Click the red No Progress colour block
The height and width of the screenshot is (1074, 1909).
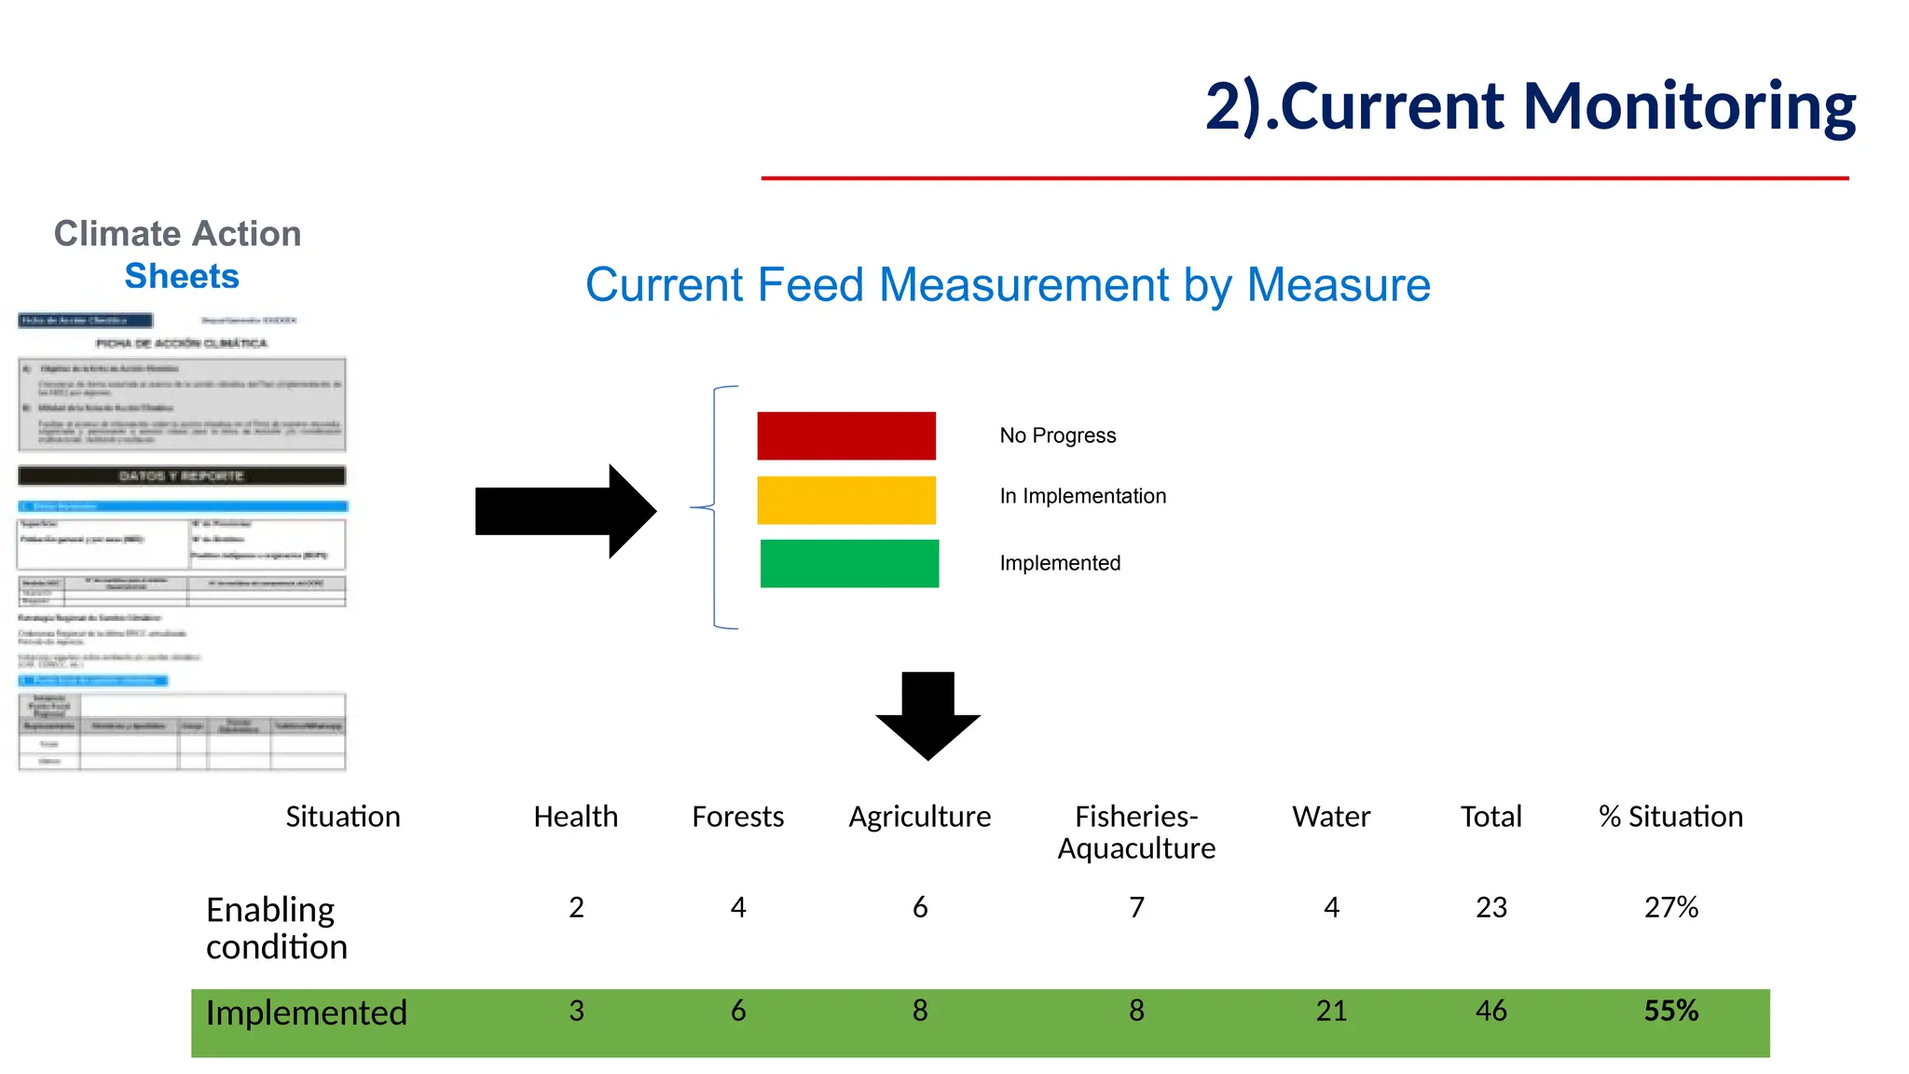pos(845,435)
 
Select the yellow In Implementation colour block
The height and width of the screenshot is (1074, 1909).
pos(845,500)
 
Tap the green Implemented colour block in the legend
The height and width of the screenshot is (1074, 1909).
pos(849,563)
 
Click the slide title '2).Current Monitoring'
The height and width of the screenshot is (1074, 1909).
pos(1530,106)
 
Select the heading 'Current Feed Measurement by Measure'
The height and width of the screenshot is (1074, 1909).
pos(1008,284)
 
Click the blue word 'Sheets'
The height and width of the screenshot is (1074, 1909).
pos(182,276)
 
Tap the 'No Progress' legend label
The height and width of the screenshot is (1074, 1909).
pos(1057,435)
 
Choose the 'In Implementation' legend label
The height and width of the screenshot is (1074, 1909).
pos(1082,496)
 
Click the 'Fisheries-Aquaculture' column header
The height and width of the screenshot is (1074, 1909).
pos(1136,832)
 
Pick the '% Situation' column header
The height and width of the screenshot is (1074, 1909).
pos(1670,817)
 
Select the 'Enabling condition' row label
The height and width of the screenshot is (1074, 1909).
pos(276,928)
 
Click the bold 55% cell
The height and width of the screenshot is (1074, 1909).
pos(1670,1011)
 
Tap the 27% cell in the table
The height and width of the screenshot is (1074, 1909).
pos(1670,907)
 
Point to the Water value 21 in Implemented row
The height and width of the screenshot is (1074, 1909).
pos(1331,1011)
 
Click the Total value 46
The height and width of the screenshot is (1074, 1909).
pos(1490,1011)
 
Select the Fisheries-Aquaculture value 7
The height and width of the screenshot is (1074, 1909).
pos(1136,907)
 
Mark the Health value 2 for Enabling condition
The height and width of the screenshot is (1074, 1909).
pos(576,907)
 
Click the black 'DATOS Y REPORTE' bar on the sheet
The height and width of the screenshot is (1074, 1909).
pos(182,475)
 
